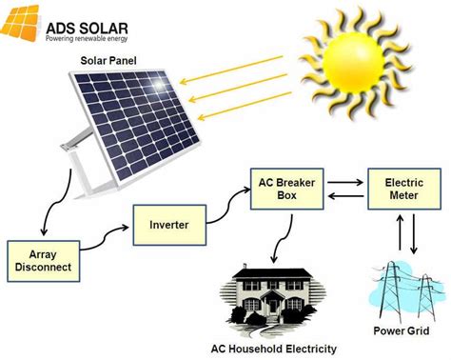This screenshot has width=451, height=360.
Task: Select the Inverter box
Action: point(167,225)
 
